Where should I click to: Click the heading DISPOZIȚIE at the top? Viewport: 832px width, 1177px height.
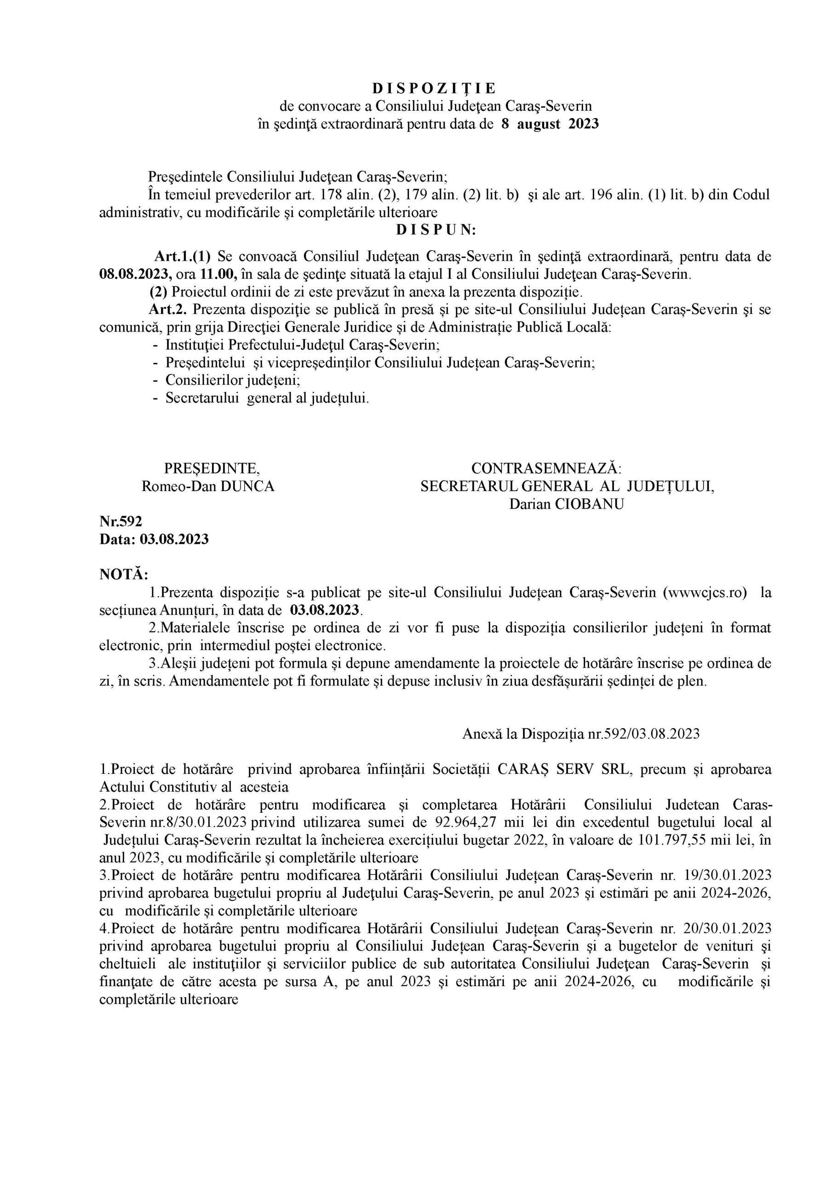pos(434,89)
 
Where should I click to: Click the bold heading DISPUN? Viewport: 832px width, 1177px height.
pos(436,230)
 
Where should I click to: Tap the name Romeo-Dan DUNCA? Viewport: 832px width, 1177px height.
pos(208,486)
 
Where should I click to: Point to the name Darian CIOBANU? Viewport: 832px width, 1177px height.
pos(566,504)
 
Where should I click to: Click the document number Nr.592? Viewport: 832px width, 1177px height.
pos(120,521)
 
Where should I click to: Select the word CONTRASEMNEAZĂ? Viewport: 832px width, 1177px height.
pos(546,468)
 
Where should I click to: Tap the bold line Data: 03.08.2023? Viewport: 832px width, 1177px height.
pos(154,539)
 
